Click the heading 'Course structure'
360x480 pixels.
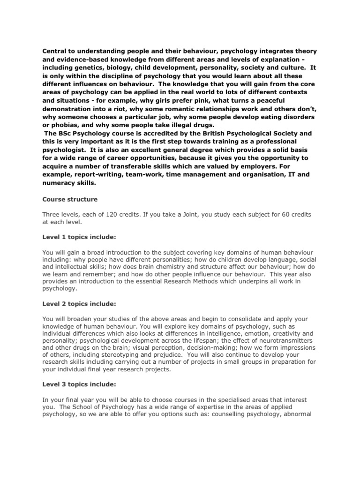(70, 199)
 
